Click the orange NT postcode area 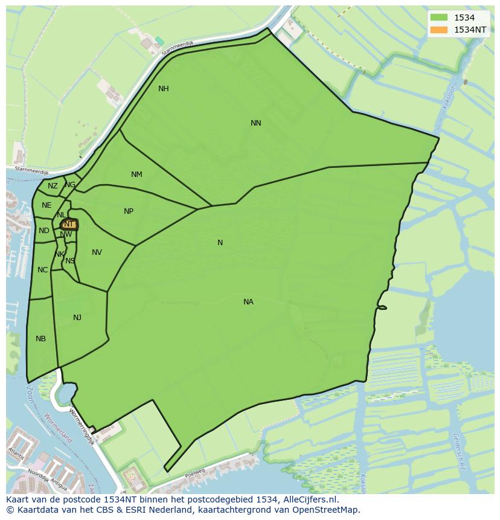click(x=69, y=224)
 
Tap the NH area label click(x=163, y=89)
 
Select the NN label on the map click(x=256, y=123)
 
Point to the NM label click(x=136, y=175)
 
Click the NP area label click(x=129, y=211)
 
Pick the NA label click(x=248, y=302)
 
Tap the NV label click(x=97, y=252)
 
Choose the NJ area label click(x=77, y=318)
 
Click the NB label click(x=40, y=339)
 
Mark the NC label click(x=42, y=270)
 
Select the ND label click(x=43, y=231)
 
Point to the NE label click(x=46, y=205)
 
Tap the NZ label click(x=53, y=186)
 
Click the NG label click(x=71, y=185)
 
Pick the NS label click(x=70, y=261)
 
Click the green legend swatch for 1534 click(x=440, y=18)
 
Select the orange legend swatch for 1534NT click(x=440, y=30)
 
